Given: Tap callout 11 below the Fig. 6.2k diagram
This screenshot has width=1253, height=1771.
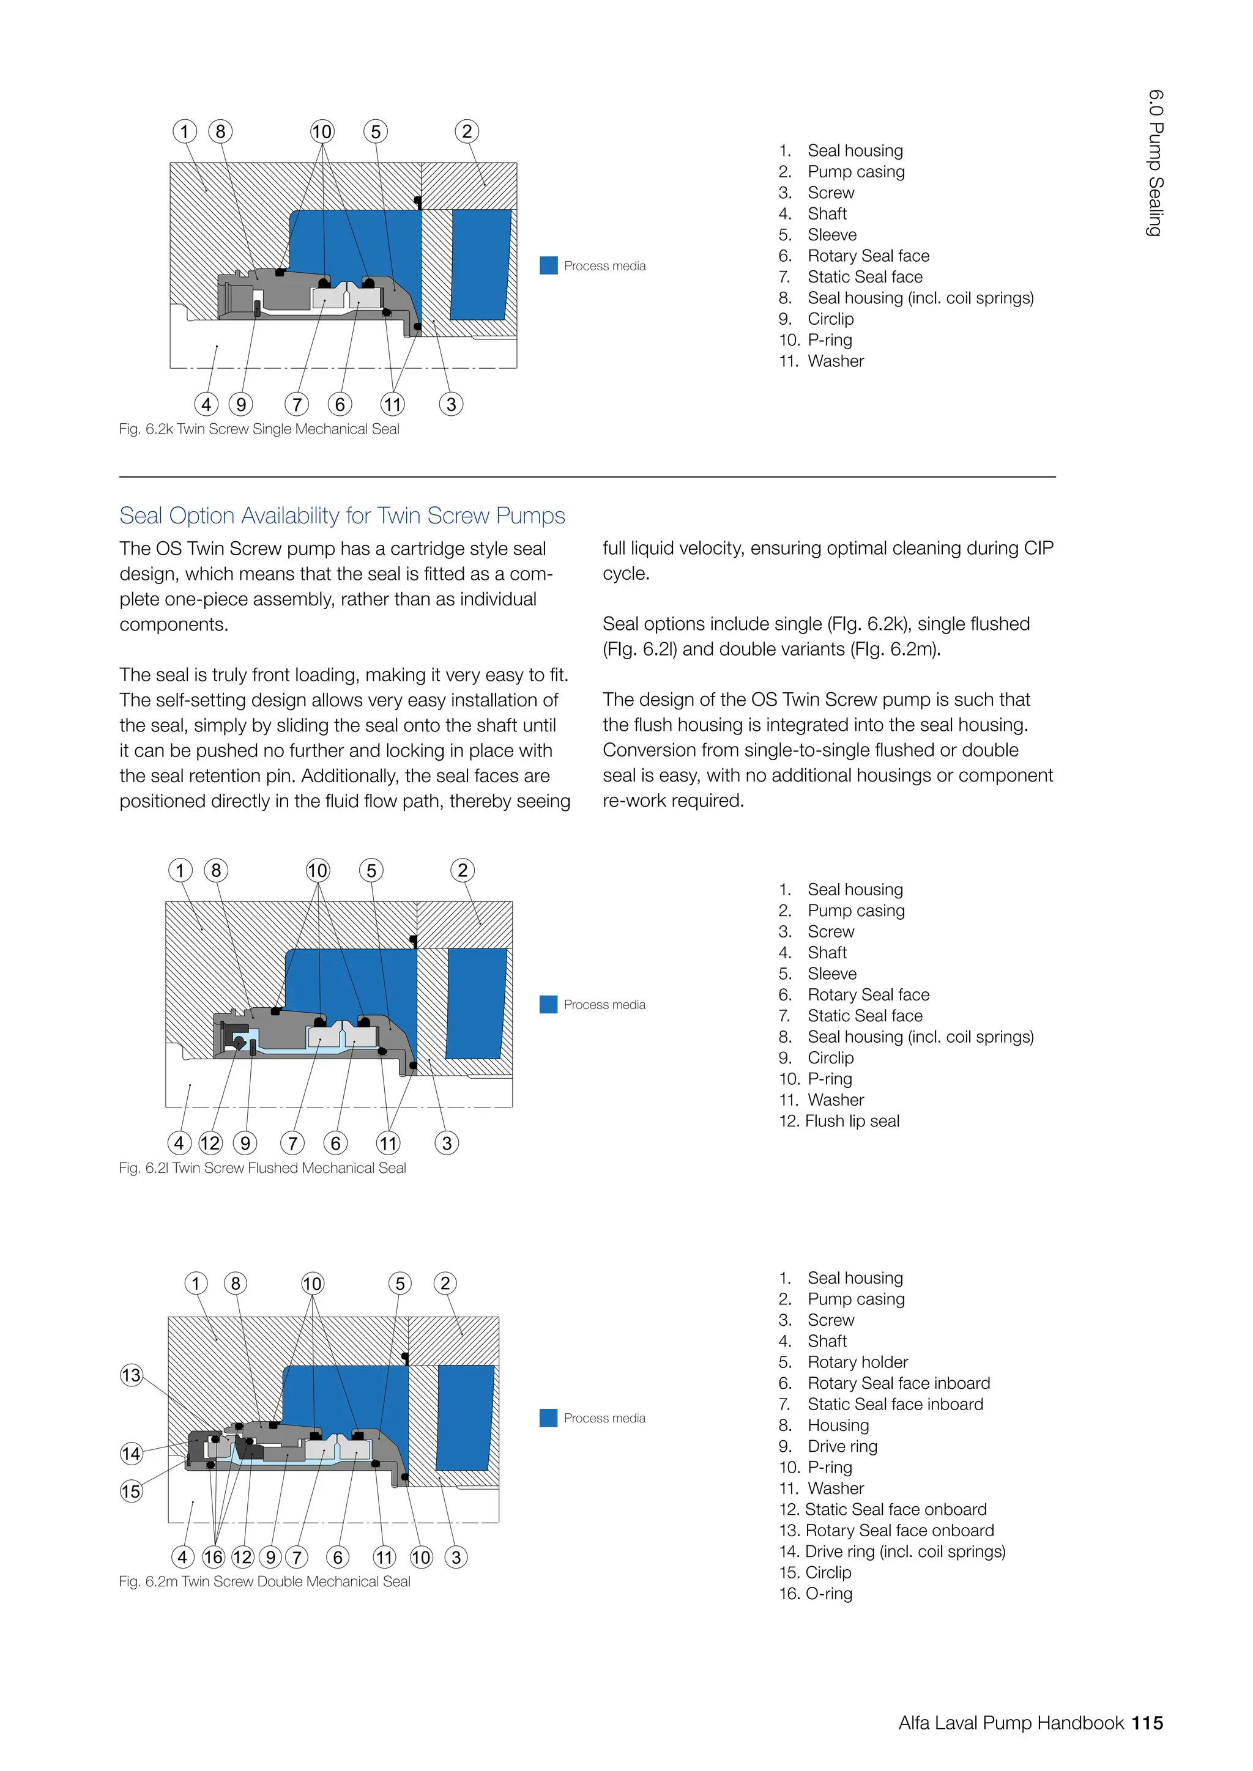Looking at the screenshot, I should click(x=393, y=404).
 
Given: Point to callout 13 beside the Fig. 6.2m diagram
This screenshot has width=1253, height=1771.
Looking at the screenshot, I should click(x=131, y=1375).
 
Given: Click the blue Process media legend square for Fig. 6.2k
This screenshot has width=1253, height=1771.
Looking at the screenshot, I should click(x=549, y=265).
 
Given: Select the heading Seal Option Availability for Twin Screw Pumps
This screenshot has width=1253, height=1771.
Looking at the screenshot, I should click(x=342, y=516).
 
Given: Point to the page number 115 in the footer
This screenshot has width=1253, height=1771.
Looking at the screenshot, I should click(x=1147, y=1723).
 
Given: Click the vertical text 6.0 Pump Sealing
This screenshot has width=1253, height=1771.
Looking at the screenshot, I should click(x=1155, y=163).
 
